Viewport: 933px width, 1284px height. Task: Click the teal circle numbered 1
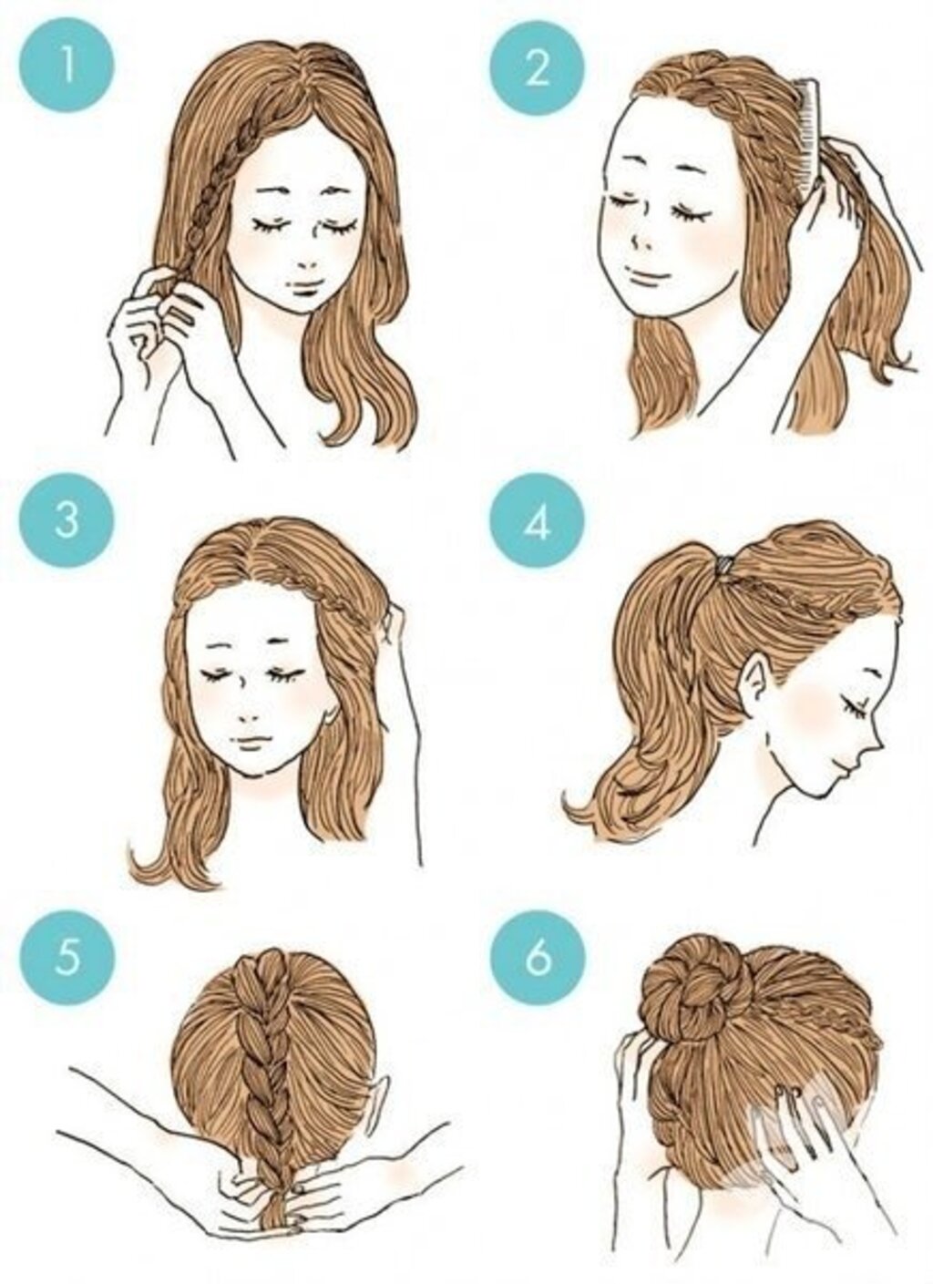click(x=67, y=65)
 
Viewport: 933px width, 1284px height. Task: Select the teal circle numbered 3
click(x=67, y=521)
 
